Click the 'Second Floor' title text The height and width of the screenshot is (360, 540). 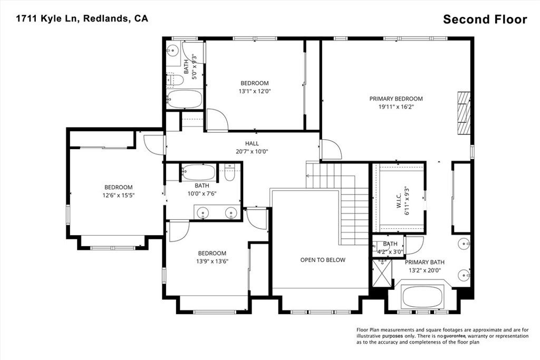pyautogui.click(x=485, y=20)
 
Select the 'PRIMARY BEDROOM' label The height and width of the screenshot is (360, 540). pyautogui.click(x=396, y=99)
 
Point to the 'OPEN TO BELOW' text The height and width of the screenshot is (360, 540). pyautogui.click(x=323, y=260)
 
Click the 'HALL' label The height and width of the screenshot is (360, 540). pyautogui.click(x=252, y=143)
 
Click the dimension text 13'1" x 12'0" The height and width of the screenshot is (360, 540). pyautogui.click(x=255, y=91)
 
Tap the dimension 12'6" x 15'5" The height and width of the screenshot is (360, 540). pyautogui.click(x=118, y=196)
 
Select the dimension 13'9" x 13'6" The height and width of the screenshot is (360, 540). pyautogui.click(x=212, y=261)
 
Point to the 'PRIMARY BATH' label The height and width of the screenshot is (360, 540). pyautogui.click(x=425, y=262)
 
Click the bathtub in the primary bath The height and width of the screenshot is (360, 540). pyautogui.click(x=423, y=297)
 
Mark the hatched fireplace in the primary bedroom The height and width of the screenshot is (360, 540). pyautogui.click(x=463, y=114)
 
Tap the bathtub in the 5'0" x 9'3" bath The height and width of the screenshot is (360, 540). pyautogui.click(x=184, y=99)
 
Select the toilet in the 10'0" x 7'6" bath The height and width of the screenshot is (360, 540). pyautogui.click(x=229, y=173)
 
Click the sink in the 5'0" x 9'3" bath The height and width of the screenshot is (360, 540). pyautogui.click(x=172, y=51)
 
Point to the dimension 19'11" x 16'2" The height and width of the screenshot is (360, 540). pyautogui.click(x=396, y=106)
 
